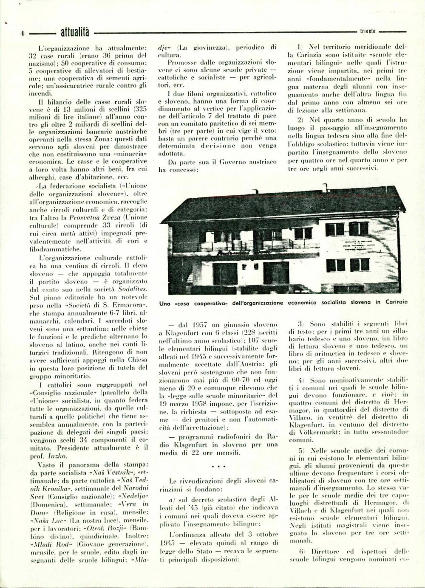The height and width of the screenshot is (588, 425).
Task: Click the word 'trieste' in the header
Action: [368, 31]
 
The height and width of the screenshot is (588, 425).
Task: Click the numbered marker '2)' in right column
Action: [301, 120]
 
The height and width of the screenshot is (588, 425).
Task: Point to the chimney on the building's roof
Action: [326, 187]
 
